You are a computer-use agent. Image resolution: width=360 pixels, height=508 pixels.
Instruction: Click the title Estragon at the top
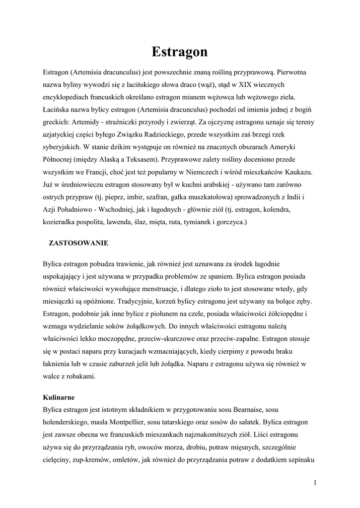tap(180, 52)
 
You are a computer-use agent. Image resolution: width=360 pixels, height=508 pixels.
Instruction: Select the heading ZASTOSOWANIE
tap(78, 243)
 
